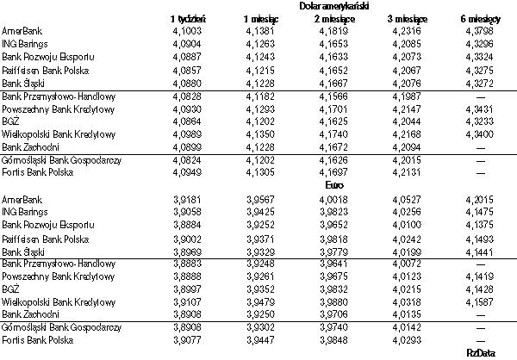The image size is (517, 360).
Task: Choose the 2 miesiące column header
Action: coord(331,18)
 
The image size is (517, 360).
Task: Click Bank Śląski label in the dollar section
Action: coord(22,84)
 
